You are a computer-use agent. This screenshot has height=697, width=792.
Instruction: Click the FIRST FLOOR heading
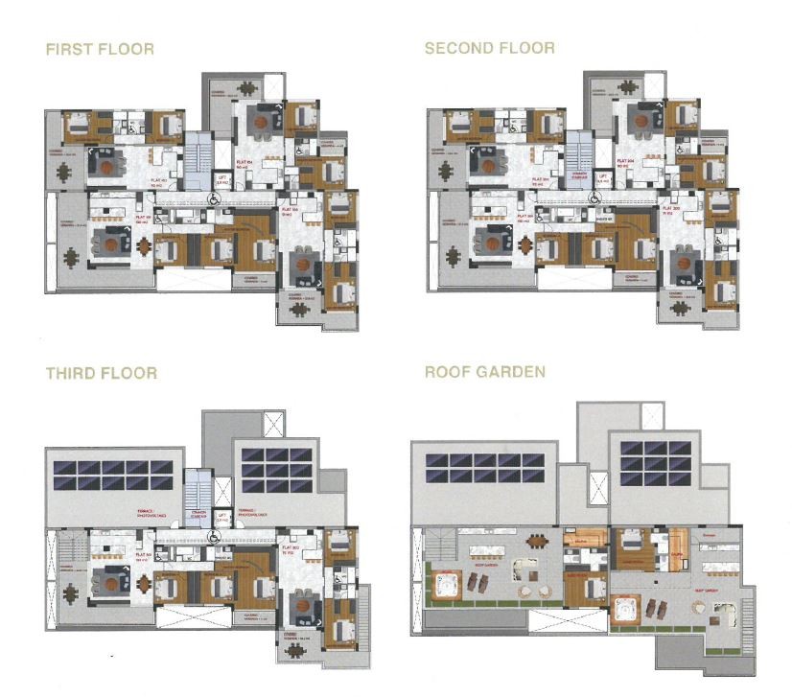click(100, 48)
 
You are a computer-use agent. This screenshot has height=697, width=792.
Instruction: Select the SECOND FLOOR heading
click(489, 48)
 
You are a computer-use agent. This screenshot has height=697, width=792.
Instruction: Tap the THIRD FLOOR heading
click(101, 373)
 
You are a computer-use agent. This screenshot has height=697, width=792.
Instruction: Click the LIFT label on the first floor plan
click(221, 177)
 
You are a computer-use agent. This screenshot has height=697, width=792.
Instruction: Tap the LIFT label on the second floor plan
click(603, 177)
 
